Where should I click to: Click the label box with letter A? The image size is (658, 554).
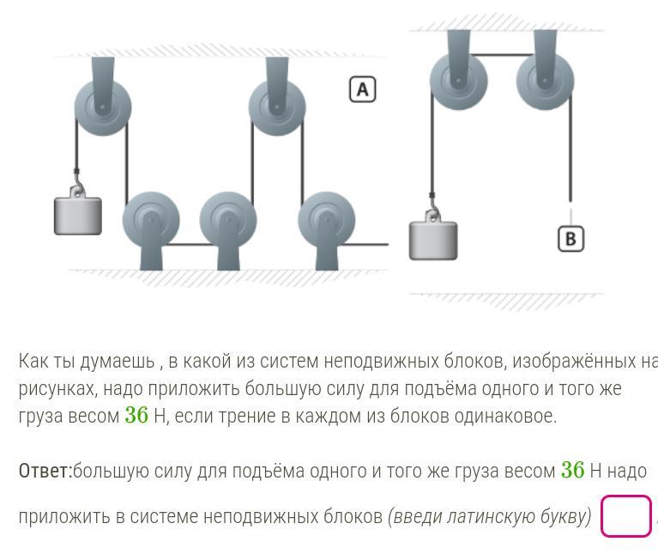[363, 89]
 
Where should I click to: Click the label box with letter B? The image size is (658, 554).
[570, 238]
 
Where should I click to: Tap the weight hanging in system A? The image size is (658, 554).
[78, 216]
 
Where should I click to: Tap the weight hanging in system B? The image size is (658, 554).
[433, 240]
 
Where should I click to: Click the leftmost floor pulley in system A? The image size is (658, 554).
[151, 221]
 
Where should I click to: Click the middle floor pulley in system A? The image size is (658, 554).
[228, 221]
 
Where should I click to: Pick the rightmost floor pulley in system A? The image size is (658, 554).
[327, 221]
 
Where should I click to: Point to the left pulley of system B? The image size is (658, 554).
[459, 80]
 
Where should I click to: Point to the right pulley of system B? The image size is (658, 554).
[545, 80]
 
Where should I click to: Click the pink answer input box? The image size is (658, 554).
[626, 516]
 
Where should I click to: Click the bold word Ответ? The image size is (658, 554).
[45, 471]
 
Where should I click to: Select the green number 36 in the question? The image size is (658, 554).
[136, 416]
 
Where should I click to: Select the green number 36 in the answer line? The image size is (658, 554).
[572, 471]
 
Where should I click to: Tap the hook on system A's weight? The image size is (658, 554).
[78, 188]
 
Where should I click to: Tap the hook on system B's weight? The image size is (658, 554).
[433, 212]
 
